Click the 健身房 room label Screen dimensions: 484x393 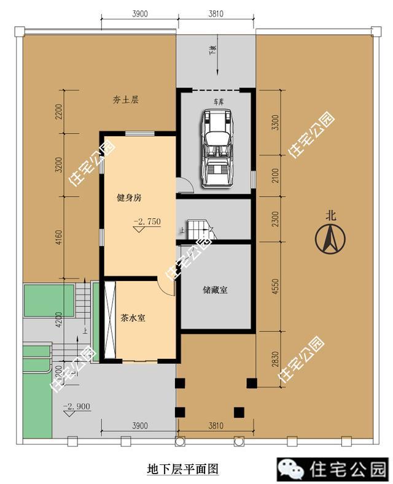pos(130,198)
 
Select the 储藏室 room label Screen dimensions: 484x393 pos(215,290)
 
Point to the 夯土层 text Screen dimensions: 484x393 pos(126,99)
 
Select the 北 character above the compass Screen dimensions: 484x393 pos(332,215)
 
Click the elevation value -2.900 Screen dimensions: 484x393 pos(77,406)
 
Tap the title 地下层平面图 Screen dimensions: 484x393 pos(183,469)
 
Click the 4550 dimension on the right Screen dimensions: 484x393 pos(274,288)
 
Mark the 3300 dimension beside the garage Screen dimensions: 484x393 pos(274,123)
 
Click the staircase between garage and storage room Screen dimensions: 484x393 pos(200,230)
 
